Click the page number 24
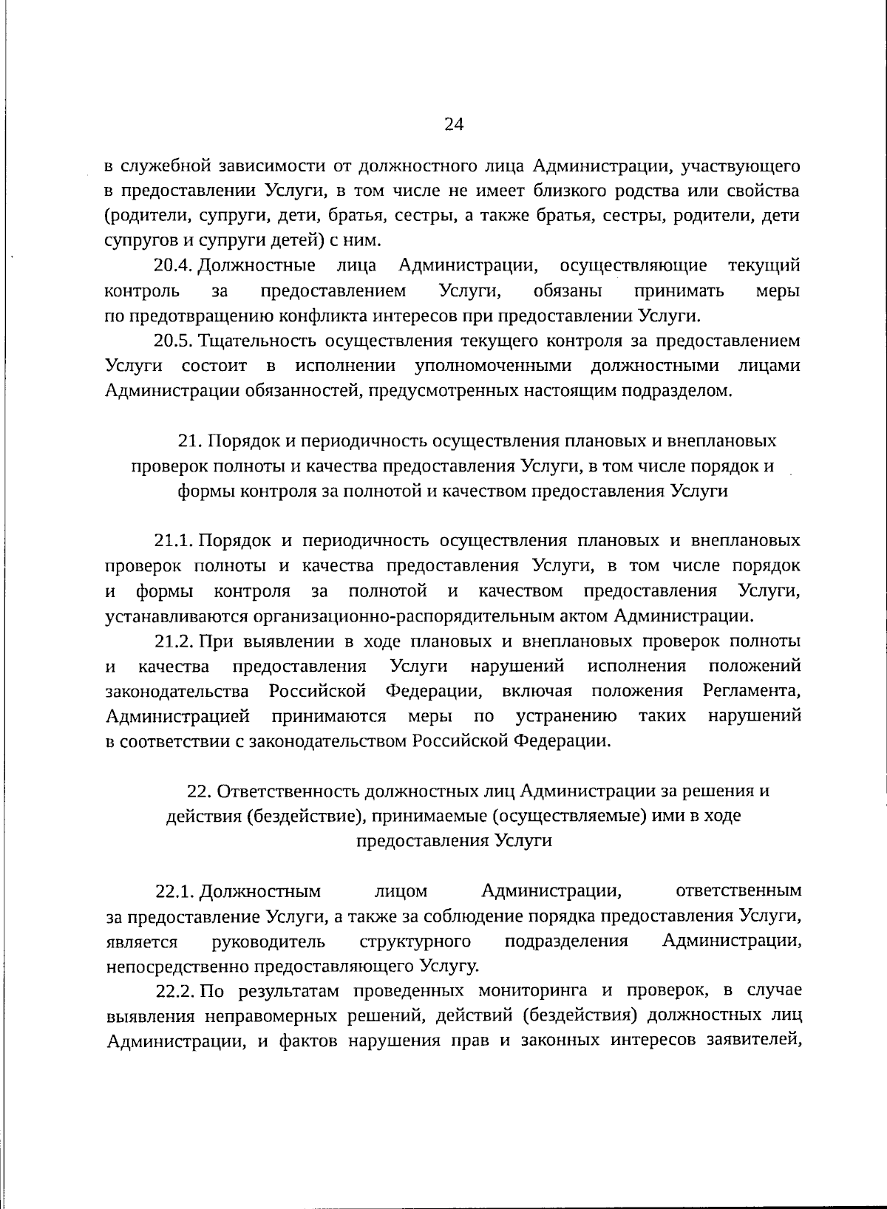pyautogui.click(x=453, y=124)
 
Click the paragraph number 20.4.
pyautogui.click(x=174, y=265)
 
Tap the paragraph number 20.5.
pyautogui.click(x=174, y=341)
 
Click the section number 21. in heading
pyautogui.click(x=190, y=441)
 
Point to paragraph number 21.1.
pyautogui.click(x=174, y=540)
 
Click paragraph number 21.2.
pyautogui.click(x=174, y=641)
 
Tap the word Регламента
pyautogui.click(x=751, y=691)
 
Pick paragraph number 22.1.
pyautogui.click(x=174, y=891)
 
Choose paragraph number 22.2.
pyautogui.click(x=174, y=991)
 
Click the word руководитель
pyautogui.click(x=268, y=941)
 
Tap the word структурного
pyautogui.click(x=415, y=941)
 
